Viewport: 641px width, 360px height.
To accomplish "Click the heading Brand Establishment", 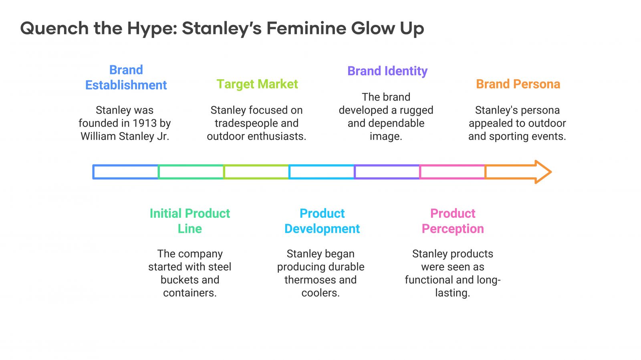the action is click(x=126, y=78).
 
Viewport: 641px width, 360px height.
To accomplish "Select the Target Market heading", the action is click(x=257, y=84).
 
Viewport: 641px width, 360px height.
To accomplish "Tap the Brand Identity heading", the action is click(x=387, y=71).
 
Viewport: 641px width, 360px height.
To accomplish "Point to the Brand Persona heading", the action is click(x=518, y=84).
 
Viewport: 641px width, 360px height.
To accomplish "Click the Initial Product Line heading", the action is click(x=190, y=221).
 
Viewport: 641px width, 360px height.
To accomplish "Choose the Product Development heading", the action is click(x=322, y=221).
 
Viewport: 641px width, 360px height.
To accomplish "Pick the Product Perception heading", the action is click(x=453, y=221).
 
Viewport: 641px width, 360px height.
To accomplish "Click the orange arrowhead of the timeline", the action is click(x=543, y=172).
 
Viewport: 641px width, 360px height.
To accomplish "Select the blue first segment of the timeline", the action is click(x=125, y=165).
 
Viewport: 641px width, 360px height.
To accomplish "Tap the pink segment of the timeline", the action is click(x=452, y=165).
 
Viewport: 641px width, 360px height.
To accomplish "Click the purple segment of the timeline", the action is click(x=387, y=165).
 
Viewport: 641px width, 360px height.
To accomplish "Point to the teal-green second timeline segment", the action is click(x=191, y=165).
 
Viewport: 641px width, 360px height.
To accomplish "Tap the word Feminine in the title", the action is click(x=306, y=28).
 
